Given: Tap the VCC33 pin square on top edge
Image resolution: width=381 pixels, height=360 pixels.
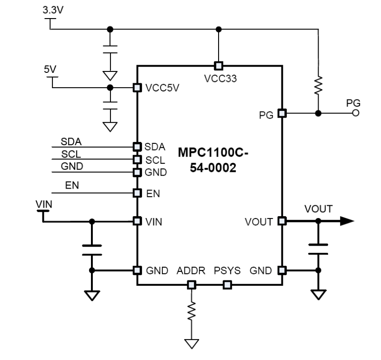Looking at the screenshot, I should point(219,66).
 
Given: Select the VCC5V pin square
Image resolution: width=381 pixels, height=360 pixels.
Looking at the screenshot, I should point(137,88).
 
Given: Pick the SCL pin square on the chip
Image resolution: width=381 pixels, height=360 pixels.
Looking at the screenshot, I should point(137,159).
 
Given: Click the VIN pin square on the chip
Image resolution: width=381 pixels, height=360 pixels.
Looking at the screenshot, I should point(137,221).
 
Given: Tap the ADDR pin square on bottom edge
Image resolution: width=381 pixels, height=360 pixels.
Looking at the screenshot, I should point(191,285).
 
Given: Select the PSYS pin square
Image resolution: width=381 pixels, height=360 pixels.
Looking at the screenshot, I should point(227,285).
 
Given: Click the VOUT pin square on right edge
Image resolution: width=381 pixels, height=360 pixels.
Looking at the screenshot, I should point(282,221).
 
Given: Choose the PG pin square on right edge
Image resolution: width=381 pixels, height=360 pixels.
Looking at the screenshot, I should point(282,113).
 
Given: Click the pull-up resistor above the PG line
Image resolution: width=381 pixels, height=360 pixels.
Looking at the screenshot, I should point(318,86).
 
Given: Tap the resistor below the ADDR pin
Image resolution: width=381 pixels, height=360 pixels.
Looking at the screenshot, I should point(191,311).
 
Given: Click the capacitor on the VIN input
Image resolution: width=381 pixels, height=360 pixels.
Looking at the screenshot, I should point(92,249).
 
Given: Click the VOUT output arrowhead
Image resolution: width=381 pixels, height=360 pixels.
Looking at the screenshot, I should point(347,221).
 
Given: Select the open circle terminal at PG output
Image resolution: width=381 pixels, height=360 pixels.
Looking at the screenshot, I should point(354,113).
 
